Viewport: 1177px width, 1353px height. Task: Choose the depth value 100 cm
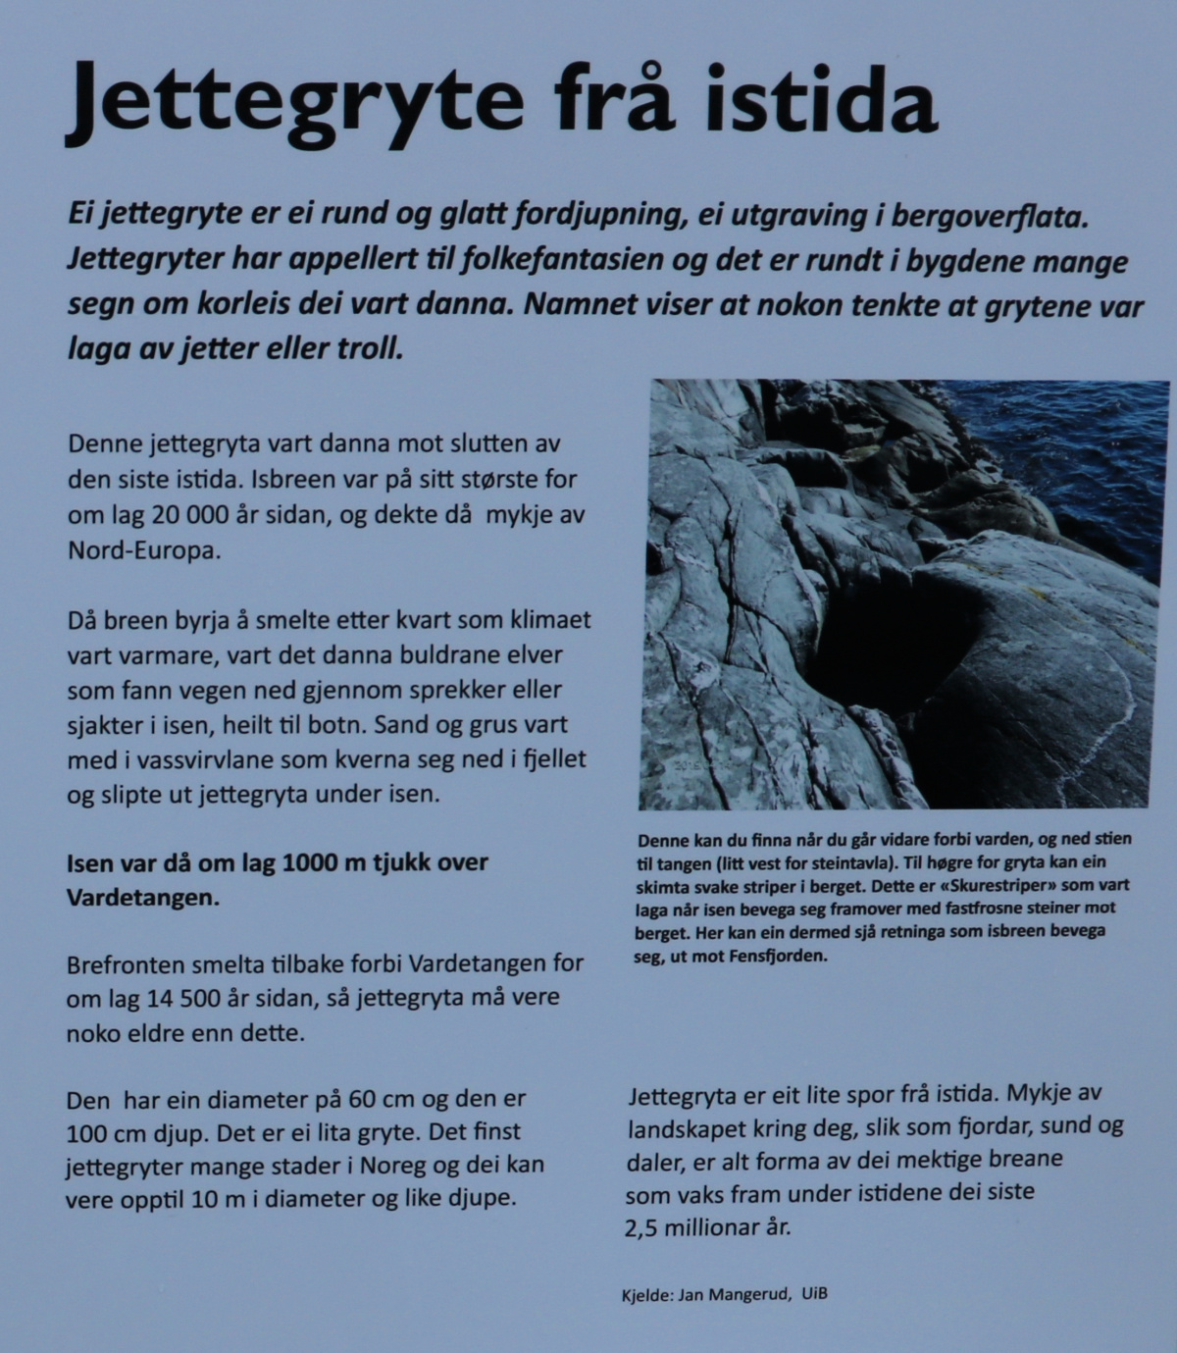click(x=104, y=1134)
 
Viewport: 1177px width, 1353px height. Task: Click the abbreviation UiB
click(x=814, y=1293)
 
